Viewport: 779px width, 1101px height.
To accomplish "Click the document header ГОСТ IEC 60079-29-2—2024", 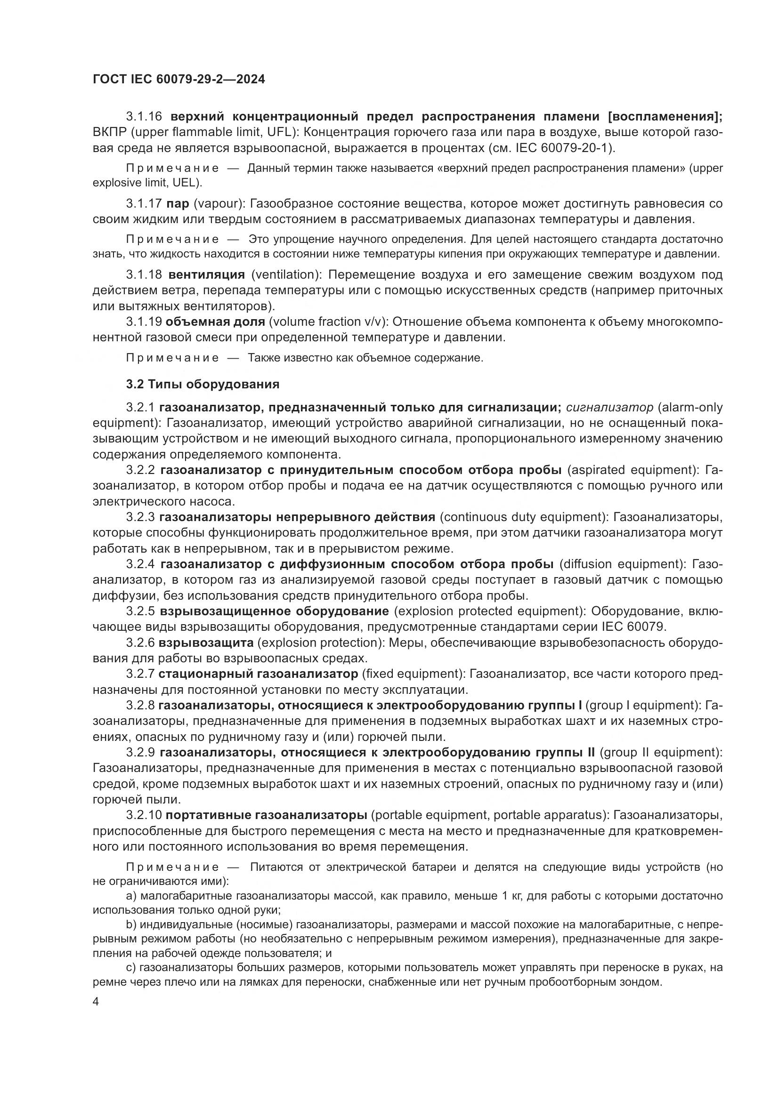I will coord(179,79).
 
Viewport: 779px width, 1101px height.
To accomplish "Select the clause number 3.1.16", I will coord(144,117).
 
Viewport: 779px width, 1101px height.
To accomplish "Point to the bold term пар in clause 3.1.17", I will coord(178,203).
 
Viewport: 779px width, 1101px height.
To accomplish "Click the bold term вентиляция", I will coord(207,274).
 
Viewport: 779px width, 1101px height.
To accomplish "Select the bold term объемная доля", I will coord(215,321).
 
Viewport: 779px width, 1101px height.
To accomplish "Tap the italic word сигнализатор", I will coord(609,407).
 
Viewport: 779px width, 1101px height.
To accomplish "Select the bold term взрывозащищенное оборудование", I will coord(275,611).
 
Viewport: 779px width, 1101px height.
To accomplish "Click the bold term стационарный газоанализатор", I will coord(258,674).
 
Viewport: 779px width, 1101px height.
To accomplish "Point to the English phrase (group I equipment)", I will coord(644,705).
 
